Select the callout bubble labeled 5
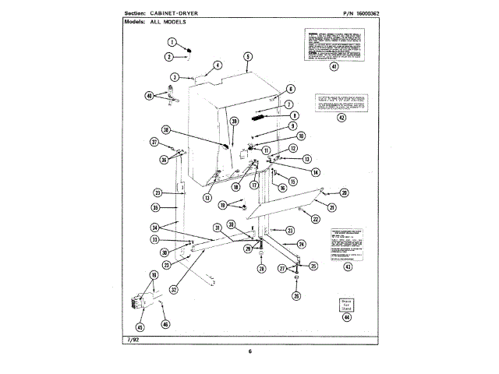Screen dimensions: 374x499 [247, 57]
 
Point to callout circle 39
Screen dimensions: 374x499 [234, 122]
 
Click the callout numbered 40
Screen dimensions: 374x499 [150, 97]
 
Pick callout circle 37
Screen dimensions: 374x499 [154, 142]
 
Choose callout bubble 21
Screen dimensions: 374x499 [332, 207]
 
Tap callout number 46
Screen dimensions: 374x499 [165, 323]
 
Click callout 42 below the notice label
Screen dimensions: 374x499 [341, 118]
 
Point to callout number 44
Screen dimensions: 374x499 [346, 317]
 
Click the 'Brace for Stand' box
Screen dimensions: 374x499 [346, 304]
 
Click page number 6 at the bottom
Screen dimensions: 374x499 [250, 351]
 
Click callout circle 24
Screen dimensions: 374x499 [301, 245]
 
